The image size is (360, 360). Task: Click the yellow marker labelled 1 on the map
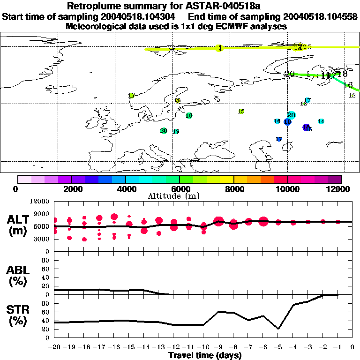point(219,48)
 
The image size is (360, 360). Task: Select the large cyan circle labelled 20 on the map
point(291,115)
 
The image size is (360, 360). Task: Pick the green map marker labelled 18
point(189,115)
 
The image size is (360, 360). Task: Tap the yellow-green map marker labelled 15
point(241,112)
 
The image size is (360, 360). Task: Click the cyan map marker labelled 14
point(321,121)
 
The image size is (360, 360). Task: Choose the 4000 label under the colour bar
point(126,189)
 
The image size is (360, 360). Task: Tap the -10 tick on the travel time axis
point(203,347)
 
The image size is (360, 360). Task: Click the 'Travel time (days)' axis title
point(205,356)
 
